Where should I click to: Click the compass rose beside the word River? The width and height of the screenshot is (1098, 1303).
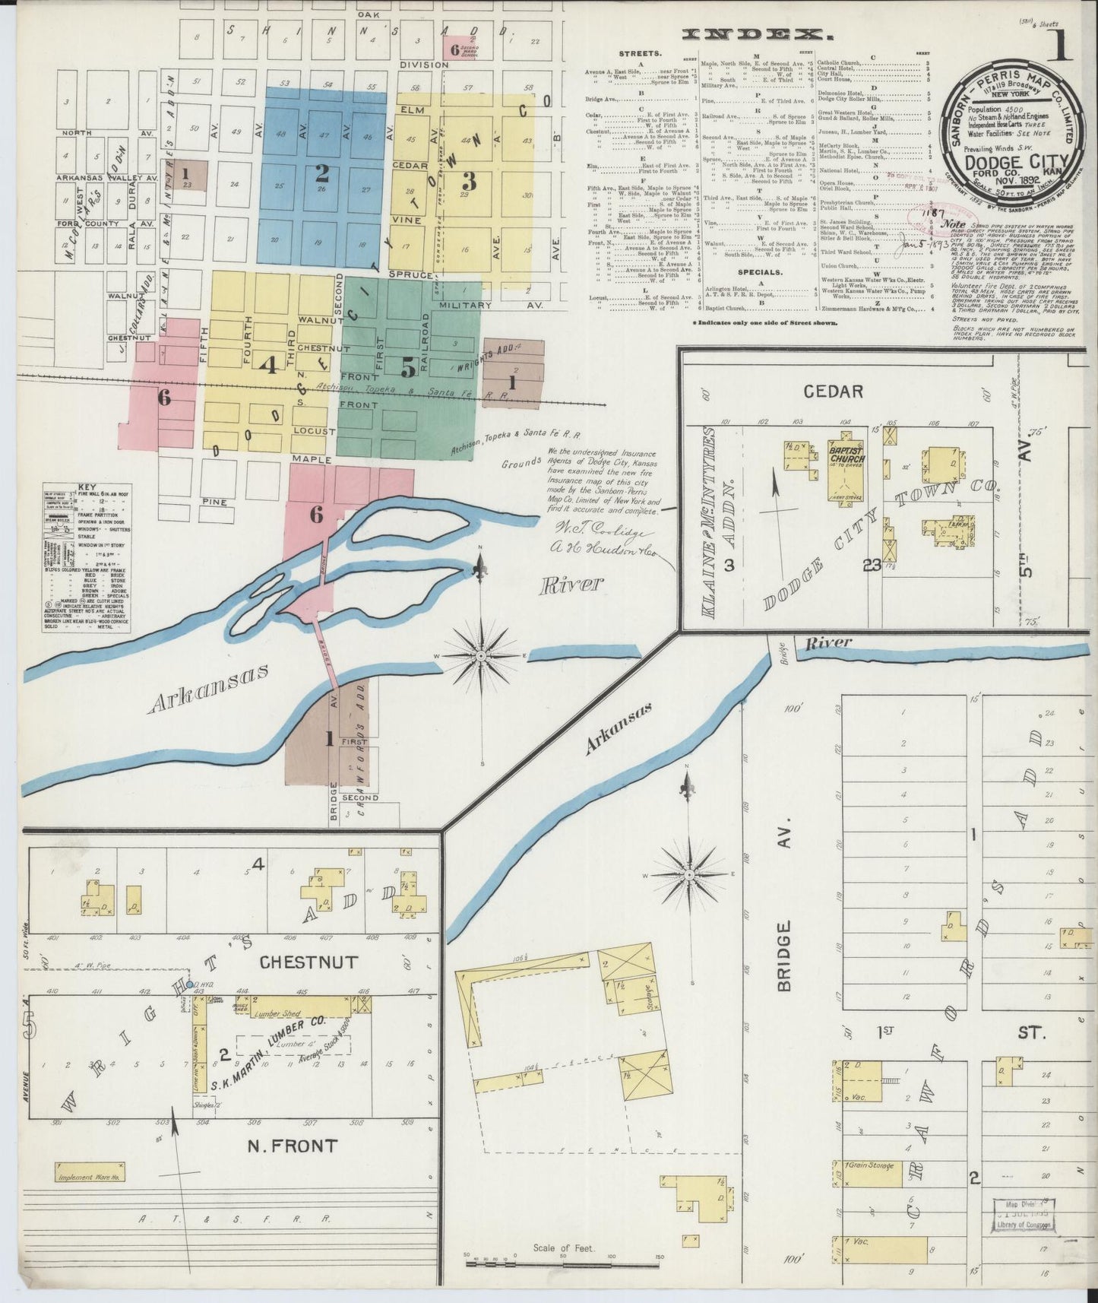tap(483, 655)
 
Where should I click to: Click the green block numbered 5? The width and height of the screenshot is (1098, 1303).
tap(408, 369)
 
